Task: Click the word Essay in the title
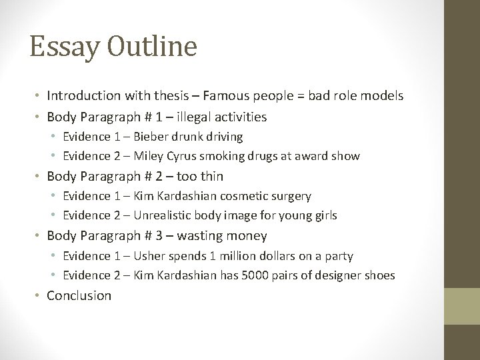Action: [57, 47]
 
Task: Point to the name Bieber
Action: [154, 137]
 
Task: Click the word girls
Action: [324, 215]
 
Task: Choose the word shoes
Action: [380, 275]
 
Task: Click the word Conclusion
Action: [79, 295]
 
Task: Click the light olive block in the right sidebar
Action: [463, 306]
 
